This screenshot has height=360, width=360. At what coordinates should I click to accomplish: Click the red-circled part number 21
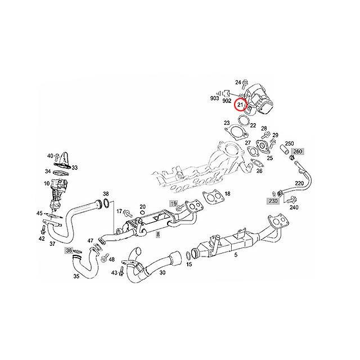tap(241, 105)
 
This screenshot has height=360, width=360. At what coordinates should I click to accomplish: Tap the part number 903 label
tap(214, 98)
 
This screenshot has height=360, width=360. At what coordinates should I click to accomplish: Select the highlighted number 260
tap(298, 151)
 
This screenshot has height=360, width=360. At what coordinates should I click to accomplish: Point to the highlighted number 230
tap(273, 200)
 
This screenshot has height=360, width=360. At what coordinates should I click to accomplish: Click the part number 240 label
tap(294, 207)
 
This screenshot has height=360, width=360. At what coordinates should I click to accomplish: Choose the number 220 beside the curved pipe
tap(299, 183)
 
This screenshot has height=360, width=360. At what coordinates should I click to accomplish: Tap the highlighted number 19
tap(174, 203)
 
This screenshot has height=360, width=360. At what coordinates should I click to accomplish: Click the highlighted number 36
tap(69, 250)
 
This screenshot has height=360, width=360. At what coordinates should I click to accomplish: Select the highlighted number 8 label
tap(158, 233)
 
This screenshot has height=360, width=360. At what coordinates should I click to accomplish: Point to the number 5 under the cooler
tap(236, 255)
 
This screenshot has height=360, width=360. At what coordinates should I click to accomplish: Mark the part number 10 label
tap(46, 184)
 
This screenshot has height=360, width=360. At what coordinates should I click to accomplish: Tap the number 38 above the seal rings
tap(105, 193)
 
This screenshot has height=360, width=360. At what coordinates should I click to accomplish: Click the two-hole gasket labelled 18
tap(211, 196)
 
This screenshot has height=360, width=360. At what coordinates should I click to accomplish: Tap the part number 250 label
tap(290, 144)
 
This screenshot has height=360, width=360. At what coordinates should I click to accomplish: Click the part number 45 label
tap(39, 213)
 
